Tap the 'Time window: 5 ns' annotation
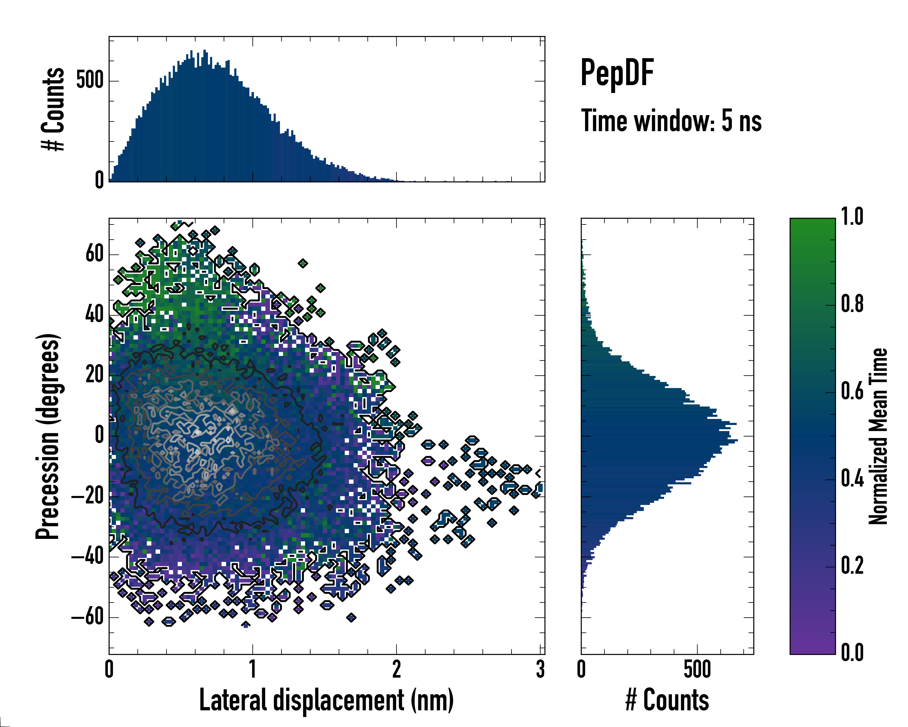pos(671,121)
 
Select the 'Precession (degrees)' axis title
pos(48,436)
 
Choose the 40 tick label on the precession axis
pos(94,314)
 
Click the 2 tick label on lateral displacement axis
pos(396,669)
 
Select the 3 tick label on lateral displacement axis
pos(540,669)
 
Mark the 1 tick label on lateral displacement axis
pos(253,669)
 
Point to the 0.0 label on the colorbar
pos(852,652)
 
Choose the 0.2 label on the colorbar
pos(852,565)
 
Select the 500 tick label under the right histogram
pos(697,669)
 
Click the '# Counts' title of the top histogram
pos(53,109)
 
